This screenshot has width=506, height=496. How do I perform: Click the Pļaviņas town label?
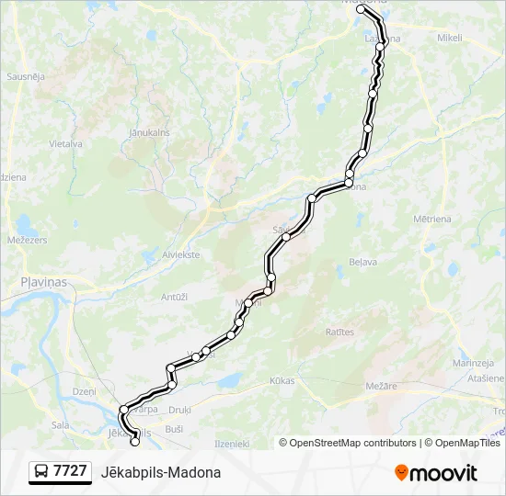pyautogui.click(x=44, y=282)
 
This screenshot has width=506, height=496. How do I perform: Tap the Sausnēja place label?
pyautogui.click(x=26, y=76)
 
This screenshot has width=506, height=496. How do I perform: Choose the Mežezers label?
pyautogui.click(x=27, y=240)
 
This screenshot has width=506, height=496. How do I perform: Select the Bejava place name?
pyautogui.click(x=363, y=262)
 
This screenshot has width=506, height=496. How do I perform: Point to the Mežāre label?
pyautogui.click(x=380, y=386)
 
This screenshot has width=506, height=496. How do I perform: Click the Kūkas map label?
pyautogui.click(x=282, y=379)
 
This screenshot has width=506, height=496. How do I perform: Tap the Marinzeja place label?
pyautogui.click(x=474, y=364)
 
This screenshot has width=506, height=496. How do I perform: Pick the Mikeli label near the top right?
pyautogui.click(x=450, y=39)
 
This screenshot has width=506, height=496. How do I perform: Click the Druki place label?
pyautogui.click(x=179, y=410)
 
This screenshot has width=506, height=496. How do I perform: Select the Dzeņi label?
pyautogui.click(x=84, y=391)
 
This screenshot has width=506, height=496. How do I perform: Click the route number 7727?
pyautogui.click(x=70, y=471)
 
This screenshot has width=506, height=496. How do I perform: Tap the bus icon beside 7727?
pyautogui.click(x=40, y=472)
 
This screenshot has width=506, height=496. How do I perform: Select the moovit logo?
pyautogui.click(x=436, y=473)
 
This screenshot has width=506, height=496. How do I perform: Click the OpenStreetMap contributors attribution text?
pyautogui.click(x=351, y=443)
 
